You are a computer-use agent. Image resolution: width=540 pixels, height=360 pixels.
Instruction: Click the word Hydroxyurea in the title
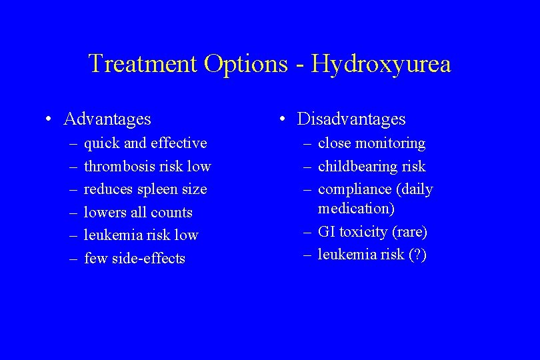click(381, 64)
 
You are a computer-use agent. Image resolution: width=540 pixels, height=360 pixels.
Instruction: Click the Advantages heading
click(107, 119)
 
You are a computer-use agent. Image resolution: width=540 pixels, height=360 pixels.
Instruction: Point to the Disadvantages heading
click(351, 119)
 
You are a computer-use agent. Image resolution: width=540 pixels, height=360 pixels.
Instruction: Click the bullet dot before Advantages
click(49, 120)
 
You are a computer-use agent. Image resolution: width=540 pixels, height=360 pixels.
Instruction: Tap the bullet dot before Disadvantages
click(283, 120)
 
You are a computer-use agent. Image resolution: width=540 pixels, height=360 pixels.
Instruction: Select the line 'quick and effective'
click(145, 143)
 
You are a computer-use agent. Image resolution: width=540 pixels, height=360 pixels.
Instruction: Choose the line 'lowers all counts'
click(138, 213)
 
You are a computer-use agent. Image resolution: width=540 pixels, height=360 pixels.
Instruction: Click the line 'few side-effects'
click(135, 259)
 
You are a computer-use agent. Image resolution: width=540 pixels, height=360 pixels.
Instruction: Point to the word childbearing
click(357, 166)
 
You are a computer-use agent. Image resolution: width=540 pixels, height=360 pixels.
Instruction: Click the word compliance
click(355, 189)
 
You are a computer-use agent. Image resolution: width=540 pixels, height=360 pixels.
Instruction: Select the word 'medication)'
click(356, 209)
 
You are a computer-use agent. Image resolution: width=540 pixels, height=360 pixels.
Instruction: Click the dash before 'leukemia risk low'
click(73, 235)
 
